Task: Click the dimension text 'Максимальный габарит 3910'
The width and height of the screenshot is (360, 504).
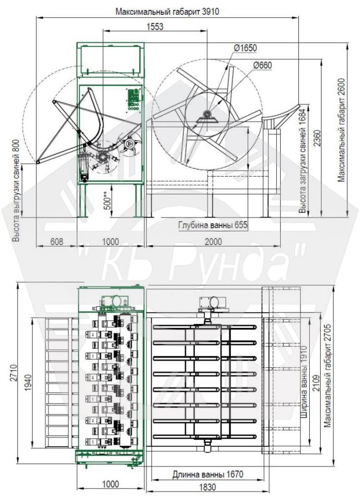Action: click(x=167, y=12)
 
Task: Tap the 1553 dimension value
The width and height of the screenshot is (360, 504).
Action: click(x=155, y=27)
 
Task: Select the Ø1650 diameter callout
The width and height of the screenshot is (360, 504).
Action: click(x=245, y=48)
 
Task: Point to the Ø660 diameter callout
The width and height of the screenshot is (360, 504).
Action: click(x=262, y=65)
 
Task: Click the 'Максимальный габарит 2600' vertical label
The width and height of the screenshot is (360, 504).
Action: click(x=341, y=130)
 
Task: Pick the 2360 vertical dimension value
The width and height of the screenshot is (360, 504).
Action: click(x=318, y=138)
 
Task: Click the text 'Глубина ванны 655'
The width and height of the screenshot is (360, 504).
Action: click(x=213, y=225)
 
